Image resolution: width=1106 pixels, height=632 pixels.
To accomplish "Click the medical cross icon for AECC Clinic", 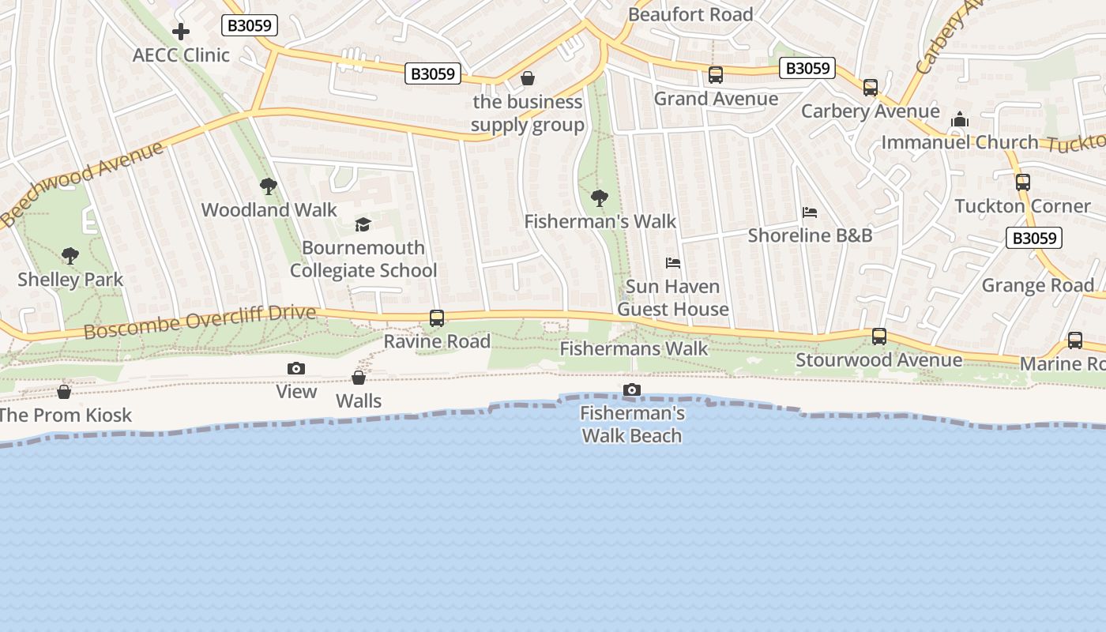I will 181,32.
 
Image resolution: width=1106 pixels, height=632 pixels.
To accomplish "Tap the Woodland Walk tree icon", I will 269,186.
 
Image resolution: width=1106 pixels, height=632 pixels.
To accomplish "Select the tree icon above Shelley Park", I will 70,256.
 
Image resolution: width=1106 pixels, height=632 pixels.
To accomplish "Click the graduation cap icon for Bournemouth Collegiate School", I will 363,224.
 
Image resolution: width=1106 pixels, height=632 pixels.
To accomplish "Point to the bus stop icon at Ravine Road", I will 437,318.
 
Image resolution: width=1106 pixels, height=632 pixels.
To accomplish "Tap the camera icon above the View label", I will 296,368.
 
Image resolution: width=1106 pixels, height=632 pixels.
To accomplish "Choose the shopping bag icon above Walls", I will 359,378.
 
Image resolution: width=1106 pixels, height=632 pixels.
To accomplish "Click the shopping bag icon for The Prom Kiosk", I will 64,392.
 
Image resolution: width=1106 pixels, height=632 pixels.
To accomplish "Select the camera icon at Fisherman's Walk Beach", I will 632,389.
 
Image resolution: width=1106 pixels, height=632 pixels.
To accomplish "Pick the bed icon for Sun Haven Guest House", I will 673,263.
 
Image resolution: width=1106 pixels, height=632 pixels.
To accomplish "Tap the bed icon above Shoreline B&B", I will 810,213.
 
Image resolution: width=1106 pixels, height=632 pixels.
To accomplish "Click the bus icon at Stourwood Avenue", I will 879,337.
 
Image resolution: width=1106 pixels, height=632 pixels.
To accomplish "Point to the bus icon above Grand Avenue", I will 716,75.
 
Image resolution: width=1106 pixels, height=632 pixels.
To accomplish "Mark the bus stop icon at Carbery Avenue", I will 871,88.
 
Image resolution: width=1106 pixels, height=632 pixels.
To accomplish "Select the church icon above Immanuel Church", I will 960,119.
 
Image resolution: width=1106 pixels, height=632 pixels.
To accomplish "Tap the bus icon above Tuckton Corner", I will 1023,182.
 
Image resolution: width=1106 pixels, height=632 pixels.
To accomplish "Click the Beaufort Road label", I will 690,14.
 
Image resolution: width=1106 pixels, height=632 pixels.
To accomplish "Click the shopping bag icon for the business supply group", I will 528,79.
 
